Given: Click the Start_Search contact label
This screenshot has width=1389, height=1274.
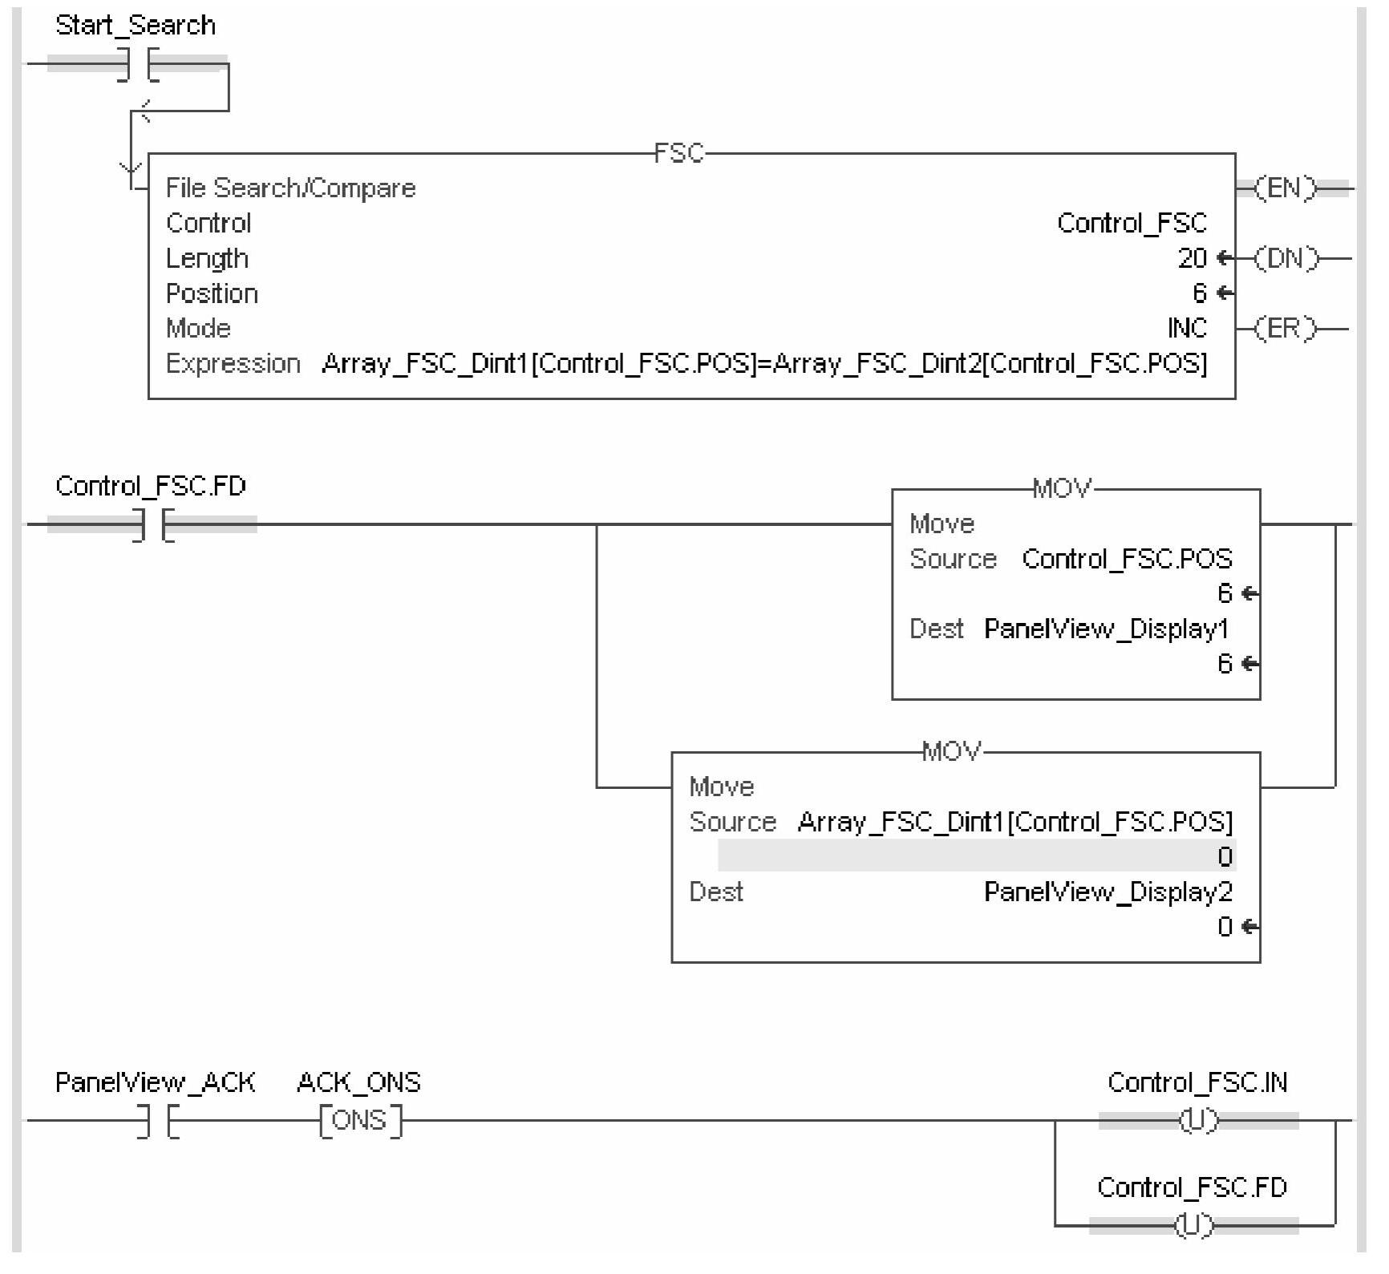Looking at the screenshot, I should tap(135, 26).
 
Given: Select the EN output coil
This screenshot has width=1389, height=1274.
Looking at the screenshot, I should tap(1285, 189).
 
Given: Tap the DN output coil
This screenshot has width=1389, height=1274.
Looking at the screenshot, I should tap(1285, 259).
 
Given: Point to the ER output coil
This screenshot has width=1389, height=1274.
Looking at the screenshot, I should tap(1285, 329).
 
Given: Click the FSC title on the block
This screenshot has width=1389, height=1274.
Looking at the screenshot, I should tap(678, 153).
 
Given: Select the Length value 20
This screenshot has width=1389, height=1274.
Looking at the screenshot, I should tap(1192, 258).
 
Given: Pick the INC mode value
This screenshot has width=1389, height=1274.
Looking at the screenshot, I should tap(1187, 328).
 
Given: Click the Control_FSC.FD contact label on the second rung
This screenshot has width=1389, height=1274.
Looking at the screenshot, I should tap(151, 486).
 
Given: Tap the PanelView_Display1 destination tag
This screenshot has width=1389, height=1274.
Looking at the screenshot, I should tap(1106, 629).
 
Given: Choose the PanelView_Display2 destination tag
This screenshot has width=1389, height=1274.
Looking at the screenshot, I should tap(1108, 892).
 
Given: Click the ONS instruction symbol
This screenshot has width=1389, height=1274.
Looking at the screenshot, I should tap(360, 1120).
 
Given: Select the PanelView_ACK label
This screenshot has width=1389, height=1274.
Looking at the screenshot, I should tap(155, 1083).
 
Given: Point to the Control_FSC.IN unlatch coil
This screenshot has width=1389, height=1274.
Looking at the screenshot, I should tap(1197, 1121).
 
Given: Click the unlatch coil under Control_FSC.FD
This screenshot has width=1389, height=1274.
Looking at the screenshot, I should tap(1193, 1225).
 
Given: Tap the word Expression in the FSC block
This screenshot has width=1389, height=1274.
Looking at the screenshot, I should tap(233, 364).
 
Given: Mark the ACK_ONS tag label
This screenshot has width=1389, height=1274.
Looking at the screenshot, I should tap(358, 1083).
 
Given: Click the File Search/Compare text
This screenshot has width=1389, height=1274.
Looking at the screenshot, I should tap(290, 188).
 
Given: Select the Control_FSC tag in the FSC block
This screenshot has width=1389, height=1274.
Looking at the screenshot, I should tap(1132, 223).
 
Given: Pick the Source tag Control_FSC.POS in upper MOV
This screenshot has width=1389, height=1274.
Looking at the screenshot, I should tap(1127, 559).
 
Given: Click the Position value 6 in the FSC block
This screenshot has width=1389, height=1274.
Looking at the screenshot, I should tap(1199, 293).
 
